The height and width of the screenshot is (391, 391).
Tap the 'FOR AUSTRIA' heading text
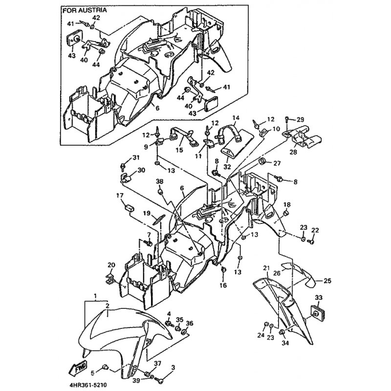coord(85,10)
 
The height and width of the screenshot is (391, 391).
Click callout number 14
coord(236,118)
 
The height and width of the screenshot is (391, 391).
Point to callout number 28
coord(293,152)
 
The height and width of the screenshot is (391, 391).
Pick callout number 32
coord(227,167)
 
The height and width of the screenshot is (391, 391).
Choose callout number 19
coord(147,213)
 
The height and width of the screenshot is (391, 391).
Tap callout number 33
coord(319,298)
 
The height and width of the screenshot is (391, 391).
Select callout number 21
coord(266,268)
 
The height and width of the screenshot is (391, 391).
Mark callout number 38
coord(159,181)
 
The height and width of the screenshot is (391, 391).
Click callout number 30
coord(141,170)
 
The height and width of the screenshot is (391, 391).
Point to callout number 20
coord(111,265)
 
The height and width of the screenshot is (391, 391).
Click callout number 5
coord(92,373)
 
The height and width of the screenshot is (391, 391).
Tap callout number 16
coord(223,285)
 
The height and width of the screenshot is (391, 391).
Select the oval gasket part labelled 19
coord(158,218)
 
